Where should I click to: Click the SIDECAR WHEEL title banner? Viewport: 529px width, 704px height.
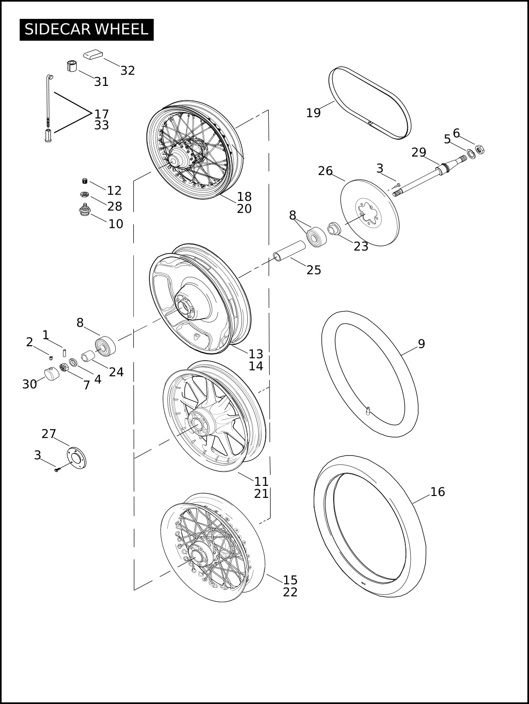(87, 30)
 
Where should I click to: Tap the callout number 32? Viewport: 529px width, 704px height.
(128, 71)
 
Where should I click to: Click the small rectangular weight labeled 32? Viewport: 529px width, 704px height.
(93, 54)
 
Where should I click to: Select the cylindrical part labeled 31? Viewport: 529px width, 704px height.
(72, 66)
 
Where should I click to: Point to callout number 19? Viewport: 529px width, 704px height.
(313, 113)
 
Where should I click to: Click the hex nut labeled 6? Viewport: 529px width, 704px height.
(480, 149)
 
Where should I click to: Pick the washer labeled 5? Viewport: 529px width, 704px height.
(471, 154)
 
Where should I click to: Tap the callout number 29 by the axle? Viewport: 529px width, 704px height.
(419, 152)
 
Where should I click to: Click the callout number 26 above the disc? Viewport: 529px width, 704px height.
(325, 171)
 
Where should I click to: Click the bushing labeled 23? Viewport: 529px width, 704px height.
(333, 228)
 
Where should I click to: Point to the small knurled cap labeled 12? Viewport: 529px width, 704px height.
(85, 181)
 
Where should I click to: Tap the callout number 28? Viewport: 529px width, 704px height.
(114, 206)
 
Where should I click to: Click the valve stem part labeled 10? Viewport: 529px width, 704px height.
(85, 210)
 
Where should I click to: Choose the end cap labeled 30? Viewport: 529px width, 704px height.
(52, 374)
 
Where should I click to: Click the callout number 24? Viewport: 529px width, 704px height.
(116, 372)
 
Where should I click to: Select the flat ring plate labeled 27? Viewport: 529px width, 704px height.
(77, 458)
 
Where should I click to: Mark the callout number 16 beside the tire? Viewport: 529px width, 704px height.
(437, 492)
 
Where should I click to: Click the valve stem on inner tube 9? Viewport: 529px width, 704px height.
(368, 411)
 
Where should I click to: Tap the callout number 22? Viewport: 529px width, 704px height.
(290, 592)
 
